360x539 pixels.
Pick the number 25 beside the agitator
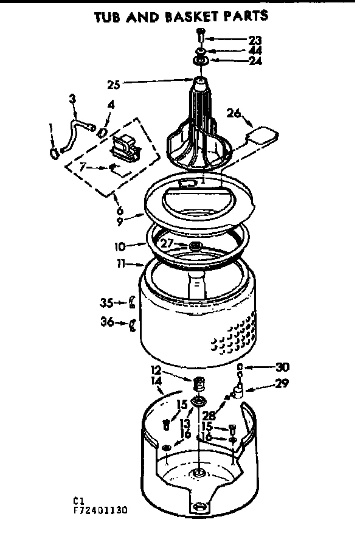(x=130, y=84)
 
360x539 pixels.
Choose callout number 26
(x=234, y=112)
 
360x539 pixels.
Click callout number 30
(x=282, y=367)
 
